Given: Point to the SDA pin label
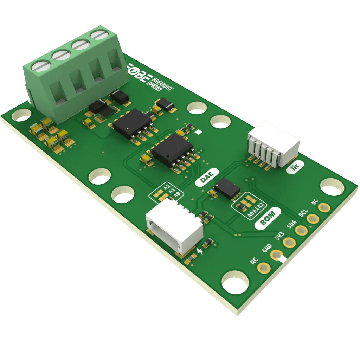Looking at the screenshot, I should click(x=291, y=224).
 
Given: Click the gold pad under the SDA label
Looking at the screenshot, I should click(x=301, y=231).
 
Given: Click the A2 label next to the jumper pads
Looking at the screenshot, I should click(x=167, y=187).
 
